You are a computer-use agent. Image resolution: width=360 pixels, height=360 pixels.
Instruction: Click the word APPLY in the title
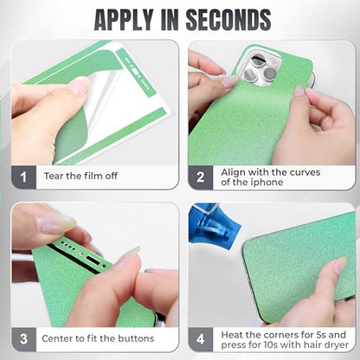[124, 20]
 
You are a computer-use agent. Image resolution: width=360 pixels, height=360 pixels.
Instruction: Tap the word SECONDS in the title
[228, 20]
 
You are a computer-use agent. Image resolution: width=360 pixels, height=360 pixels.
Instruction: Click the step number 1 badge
[23, 177]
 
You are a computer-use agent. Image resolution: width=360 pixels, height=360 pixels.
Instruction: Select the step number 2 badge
[201, 177]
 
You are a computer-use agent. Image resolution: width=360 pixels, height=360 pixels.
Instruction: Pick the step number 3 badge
[23, 339]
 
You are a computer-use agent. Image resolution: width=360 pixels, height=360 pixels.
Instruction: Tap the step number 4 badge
[201, 339]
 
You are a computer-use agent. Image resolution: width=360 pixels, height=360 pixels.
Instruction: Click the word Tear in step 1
[54, 176]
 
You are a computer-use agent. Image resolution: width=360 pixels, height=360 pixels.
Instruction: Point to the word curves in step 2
[305, 172]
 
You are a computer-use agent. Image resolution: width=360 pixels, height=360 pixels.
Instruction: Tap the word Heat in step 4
[232, 335]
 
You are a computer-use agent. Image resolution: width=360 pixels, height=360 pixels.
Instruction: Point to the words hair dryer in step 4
[324, 344]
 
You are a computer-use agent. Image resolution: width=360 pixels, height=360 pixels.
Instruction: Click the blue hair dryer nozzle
[214, 222]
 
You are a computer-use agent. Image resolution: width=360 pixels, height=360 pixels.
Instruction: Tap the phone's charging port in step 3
[93, 260]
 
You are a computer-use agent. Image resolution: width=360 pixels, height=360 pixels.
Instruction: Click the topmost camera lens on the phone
[258, 61]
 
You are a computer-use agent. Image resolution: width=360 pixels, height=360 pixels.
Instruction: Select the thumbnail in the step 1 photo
[79, 86]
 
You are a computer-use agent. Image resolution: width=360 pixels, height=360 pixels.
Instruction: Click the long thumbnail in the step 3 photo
[56, 223]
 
